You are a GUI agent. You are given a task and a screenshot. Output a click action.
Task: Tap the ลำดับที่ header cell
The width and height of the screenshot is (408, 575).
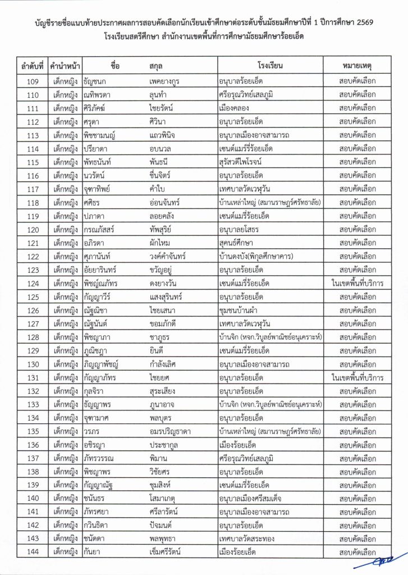(x=33, y=66)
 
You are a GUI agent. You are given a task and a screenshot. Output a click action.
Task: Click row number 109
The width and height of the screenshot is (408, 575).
(x=33, y=81)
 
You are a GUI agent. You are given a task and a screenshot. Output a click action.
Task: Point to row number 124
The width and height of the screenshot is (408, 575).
(x=33, y=284)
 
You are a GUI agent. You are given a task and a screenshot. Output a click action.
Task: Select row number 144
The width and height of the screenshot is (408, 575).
(x=33, y=553)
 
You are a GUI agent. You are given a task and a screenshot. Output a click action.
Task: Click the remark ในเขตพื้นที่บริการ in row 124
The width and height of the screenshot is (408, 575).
(x=357, y=284)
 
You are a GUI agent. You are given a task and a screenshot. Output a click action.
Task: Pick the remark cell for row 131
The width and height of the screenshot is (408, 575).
(x=357, y=377)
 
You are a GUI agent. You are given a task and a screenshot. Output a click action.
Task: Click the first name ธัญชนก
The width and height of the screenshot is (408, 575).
(x=98, y=81)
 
